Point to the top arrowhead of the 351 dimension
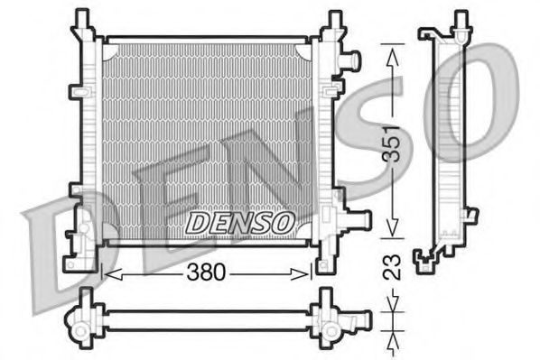pyautogui.click(x=391, y=54)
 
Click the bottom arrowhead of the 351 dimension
pyautogui.click(x=391, y=229)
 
